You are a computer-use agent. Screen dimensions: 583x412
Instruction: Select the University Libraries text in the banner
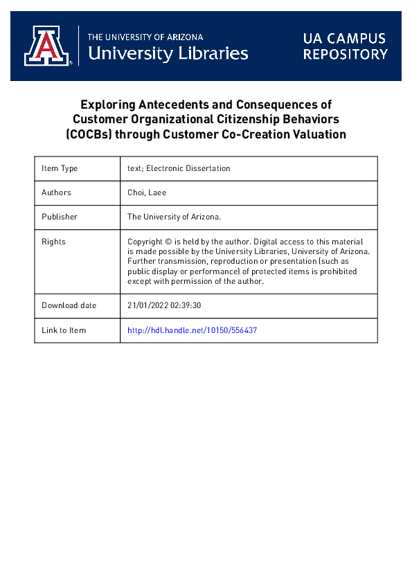168,53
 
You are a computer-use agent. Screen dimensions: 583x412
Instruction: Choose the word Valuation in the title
318,134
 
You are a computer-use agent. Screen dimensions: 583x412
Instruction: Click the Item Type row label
60,168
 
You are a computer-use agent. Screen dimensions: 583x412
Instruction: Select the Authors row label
56,192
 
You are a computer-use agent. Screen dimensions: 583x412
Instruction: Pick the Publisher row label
60,217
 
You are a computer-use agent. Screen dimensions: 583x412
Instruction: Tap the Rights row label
53,242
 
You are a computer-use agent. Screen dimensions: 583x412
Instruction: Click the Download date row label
69,305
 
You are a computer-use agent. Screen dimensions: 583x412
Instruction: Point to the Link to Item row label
64,330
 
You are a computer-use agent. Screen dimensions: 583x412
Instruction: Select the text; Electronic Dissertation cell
179,168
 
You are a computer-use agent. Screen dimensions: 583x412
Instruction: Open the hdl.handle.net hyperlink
192,330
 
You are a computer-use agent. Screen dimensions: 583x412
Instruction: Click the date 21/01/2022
148,305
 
